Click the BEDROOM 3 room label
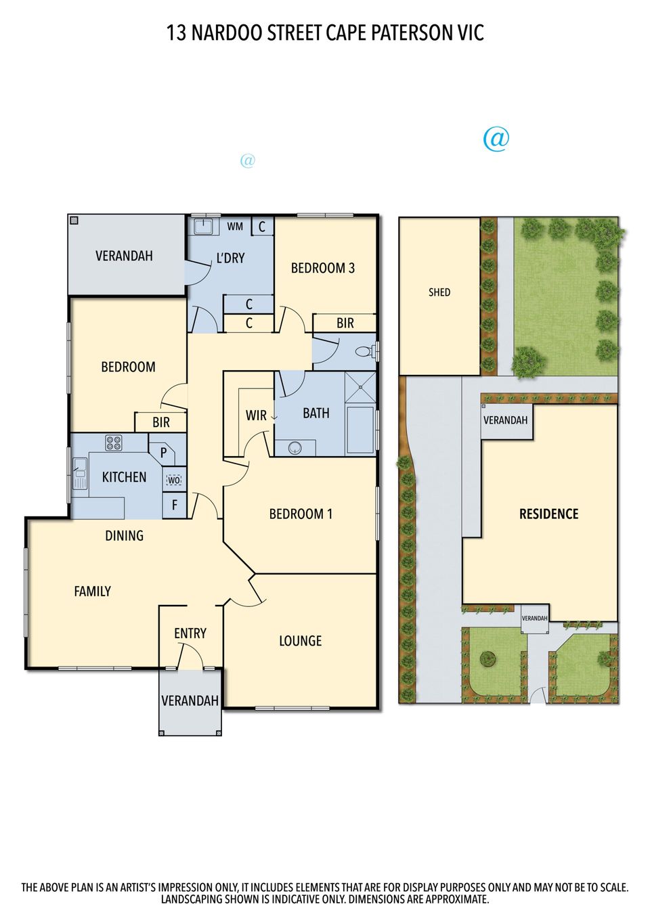[x=322, y=268]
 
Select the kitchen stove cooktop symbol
[x=114, y=443]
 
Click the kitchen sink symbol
[x=80, y=472]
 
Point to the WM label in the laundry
[x=235, y=227]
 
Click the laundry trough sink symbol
[x=203, y=226]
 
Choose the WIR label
[x=255, y=416]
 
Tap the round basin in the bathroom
[x=294, y=447]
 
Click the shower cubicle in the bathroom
[x=360, y=388]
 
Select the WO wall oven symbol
[x=174, y=480]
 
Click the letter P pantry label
[x=163, y=453]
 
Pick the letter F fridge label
[x=175, y=505]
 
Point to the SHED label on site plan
[x=439, y=292]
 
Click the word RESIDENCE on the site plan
[x=548, y=514]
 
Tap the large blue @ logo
[x=496, y=139]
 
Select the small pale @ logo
[x=248, y=160]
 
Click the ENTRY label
[x=190, y=633]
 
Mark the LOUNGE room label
[x=300, y=641]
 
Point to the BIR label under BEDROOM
[x=161, y=423]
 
